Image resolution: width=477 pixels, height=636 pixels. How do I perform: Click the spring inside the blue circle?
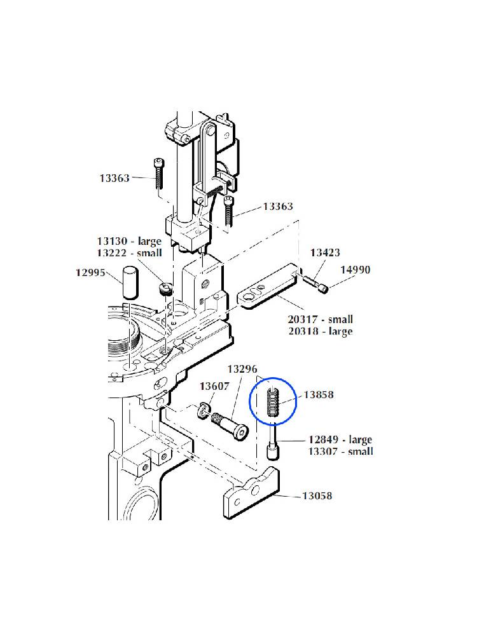pyautogui.click(x=273, y=402)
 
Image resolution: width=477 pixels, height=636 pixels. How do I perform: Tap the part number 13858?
pyautogui.click(x=319, y=395)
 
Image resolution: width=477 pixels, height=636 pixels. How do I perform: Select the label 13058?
pyautogui.click(x=317, y=495)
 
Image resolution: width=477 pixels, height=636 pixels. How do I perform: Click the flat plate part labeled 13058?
pyautogui.click(x=251, y=494)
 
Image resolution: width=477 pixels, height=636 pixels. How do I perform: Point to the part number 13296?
pyautogui.click(x=242, y=369)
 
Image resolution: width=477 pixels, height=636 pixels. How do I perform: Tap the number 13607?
pyautogui.click(x=214, y=386)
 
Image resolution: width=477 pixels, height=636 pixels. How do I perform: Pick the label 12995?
pyautogui.click(x=91, y=273)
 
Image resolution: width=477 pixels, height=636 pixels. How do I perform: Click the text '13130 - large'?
pyautogui.click(x=129, y=241)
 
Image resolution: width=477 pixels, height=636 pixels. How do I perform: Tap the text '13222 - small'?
pyautogui.click(x=129, y=253)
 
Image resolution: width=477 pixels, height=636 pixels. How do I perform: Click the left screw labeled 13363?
pyautogui.click(x=158, y=174)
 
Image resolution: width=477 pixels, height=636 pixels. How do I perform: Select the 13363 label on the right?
pyautogui.click(x=278, y=207)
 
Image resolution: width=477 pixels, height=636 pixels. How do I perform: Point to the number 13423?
pyautogui.click(x=325, y=252)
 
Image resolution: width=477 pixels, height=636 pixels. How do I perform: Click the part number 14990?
pyautogui.click(x=356, y=270)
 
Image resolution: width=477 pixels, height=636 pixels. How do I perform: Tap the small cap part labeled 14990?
pyautogui.click(x=323, y=289)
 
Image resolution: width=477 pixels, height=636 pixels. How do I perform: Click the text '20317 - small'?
pyautogui.click(x=321, y=319)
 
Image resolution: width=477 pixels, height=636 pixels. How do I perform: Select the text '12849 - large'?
pyautogui.click(x=340, y=439)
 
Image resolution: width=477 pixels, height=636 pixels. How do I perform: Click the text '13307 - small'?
pyautogui.click(x=341, y=452)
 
